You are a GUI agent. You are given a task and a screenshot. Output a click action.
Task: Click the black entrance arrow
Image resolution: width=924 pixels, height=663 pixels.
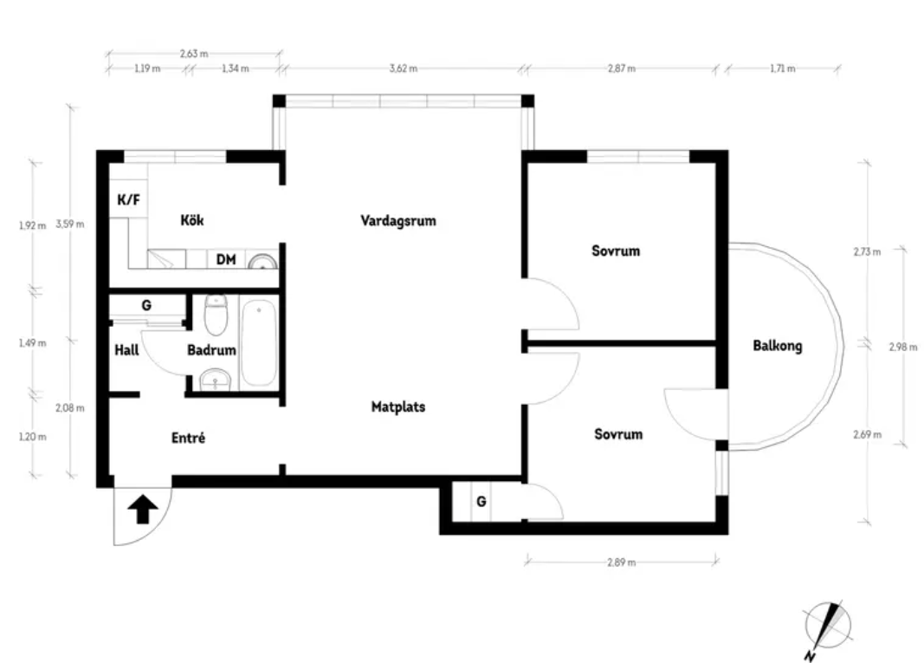coord(143,509)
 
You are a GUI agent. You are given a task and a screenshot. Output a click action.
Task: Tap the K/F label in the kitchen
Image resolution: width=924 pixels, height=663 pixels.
coord(128,199)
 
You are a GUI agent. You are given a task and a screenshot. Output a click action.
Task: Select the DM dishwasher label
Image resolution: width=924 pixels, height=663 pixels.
coord(226,259)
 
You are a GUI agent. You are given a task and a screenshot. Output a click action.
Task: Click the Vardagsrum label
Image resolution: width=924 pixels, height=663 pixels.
coord(398,221)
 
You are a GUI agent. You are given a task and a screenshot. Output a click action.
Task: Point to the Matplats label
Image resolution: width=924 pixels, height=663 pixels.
coord(398,407)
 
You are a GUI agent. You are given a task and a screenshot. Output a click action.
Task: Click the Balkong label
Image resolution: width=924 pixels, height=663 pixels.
coord(778,347)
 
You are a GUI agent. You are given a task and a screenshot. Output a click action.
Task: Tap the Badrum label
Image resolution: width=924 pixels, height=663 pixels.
coord(211,350)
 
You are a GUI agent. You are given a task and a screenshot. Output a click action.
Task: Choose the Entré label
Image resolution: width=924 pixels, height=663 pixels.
coord(188,438)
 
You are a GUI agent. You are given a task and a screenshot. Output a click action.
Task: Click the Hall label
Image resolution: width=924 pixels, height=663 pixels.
coord(126,350)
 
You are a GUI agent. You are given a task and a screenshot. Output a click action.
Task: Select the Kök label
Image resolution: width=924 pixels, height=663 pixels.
coord(192,220)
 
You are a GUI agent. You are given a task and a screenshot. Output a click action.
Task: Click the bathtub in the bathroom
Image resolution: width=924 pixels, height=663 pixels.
coord(259,342)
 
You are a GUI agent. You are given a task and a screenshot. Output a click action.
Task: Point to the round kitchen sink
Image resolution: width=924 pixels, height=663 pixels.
coord(262,262)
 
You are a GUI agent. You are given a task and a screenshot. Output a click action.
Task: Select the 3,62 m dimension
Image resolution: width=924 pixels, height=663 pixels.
coord(404,68)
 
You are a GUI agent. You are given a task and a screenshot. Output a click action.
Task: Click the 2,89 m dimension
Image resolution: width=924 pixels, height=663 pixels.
coord(622,562)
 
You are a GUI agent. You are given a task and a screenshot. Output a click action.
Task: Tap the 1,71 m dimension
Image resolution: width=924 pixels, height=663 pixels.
coord(783,68)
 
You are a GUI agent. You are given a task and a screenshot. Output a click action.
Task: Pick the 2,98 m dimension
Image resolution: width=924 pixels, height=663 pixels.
coord(903,347)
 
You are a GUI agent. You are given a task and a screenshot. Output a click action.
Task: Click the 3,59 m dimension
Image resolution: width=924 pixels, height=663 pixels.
coord(70,224)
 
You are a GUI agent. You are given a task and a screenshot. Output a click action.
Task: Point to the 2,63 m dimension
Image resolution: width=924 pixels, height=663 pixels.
coord(194,54)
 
